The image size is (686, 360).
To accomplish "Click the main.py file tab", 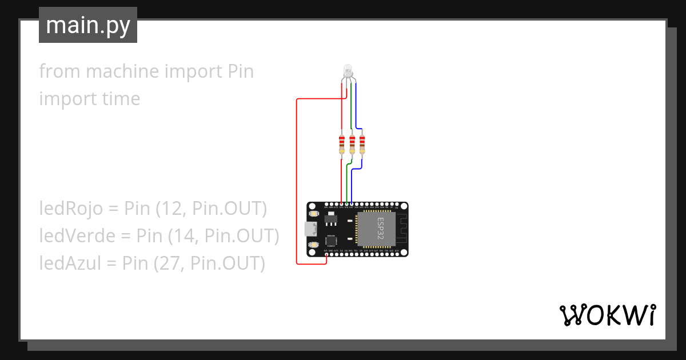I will (x=88, y=25).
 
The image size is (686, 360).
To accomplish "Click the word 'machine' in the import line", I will (x=122, y=71).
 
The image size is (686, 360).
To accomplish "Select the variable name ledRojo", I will (x=71, y=209).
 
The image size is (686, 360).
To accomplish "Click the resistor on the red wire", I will (x=342, y=144).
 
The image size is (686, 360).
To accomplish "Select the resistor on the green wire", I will (x=352, y=144).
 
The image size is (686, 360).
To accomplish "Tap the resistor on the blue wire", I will (x=362, y=144).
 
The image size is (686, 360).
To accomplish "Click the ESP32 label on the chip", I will (x=380, y=229).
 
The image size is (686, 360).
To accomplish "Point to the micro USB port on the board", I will (x=310, y=229).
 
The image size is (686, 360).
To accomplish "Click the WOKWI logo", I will (x=607, y=315).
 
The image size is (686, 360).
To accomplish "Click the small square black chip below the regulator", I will (x=332, y=241).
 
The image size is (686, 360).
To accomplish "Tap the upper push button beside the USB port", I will (x=313, y=214).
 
